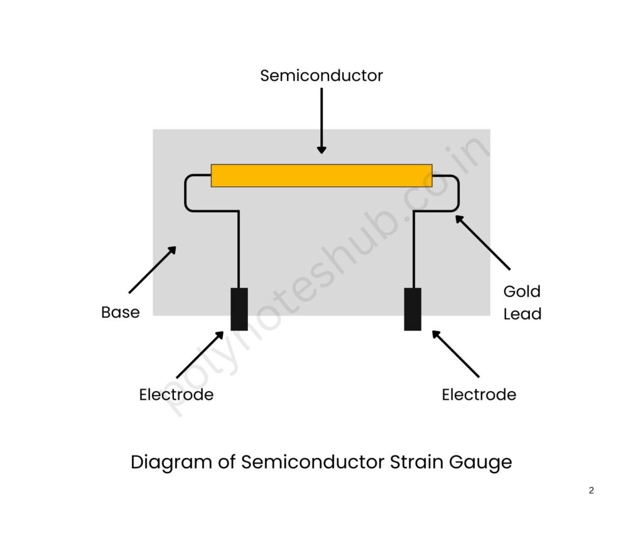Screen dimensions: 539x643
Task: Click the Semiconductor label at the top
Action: (321, 76)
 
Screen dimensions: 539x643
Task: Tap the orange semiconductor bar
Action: (321, 176)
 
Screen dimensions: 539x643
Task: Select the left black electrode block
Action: (239, 309)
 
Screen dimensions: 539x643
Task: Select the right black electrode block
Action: (413, 309)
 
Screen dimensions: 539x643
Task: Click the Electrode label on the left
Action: (176, 395)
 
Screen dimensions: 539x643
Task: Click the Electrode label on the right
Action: (478, 395)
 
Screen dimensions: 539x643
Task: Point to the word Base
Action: (121, 312)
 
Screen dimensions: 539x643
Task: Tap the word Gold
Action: (522, 292)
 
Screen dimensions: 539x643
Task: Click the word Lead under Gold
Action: (522, 314)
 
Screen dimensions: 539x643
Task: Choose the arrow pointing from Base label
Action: (152, 270)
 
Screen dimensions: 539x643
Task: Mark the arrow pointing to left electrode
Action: (200, 355)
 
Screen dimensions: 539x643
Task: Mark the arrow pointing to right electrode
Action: (455, 354)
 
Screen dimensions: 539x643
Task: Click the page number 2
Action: (591, 491)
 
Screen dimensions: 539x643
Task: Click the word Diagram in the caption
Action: (163, 463)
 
